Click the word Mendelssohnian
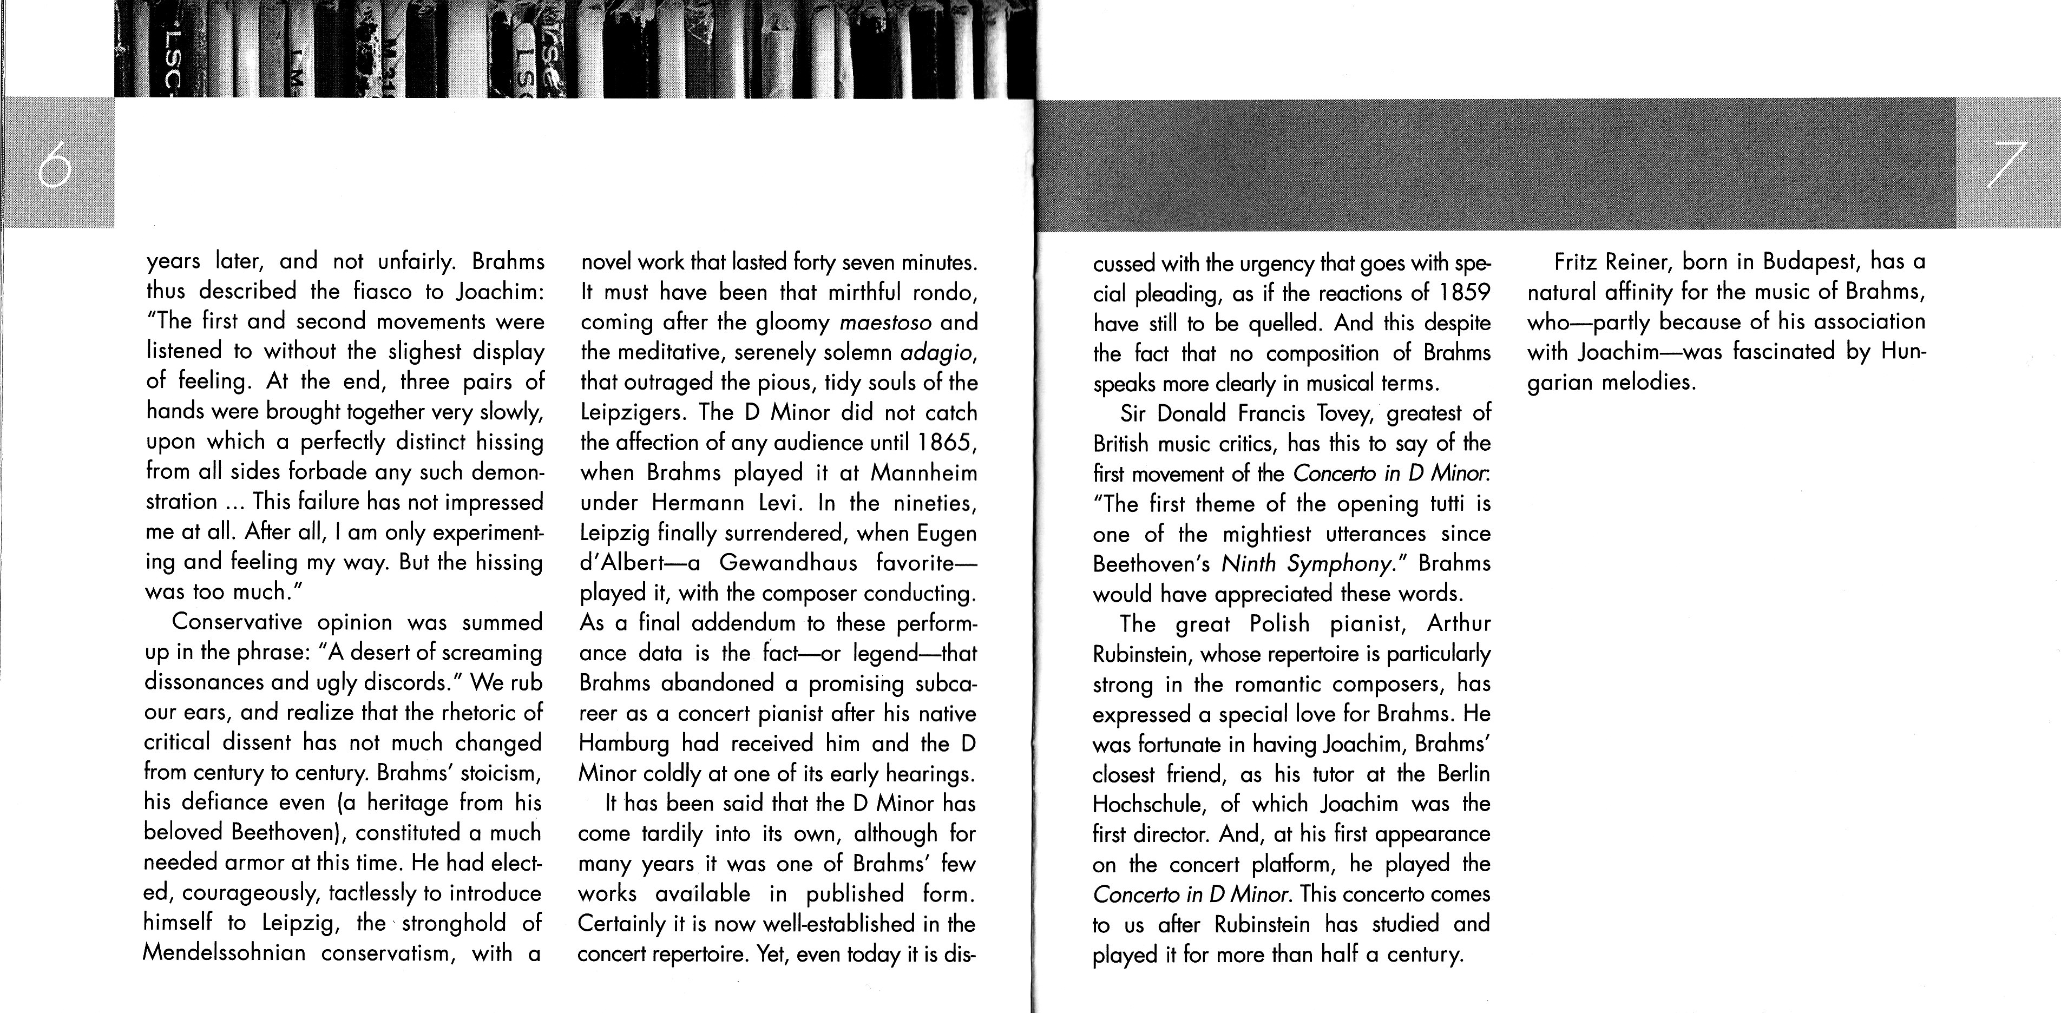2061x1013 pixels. (x=224, y=953)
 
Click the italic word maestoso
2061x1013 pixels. (x=885, y=323)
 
